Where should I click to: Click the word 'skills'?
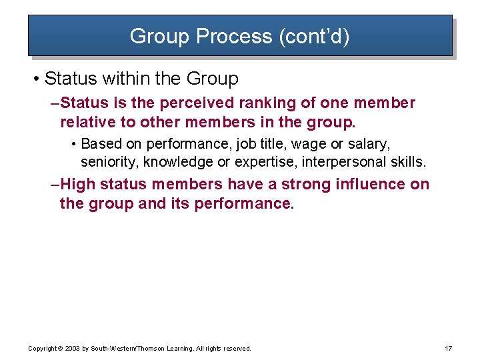click(407, 161)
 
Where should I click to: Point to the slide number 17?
click(448, 349)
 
